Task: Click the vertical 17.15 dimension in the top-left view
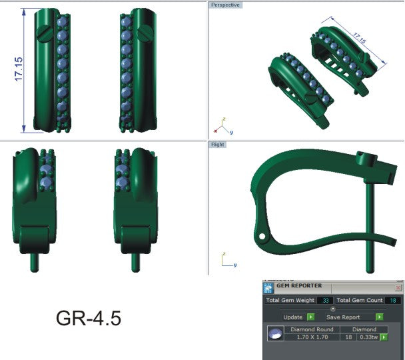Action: pyautogui.click(x=18, y=69)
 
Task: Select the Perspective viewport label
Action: pyautogui.click(x=226, y=5)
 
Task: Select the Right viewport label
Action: pyautogui.click(x=218, y=145)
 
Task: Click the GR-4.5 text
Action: pyautogui.click(x=88, y=318)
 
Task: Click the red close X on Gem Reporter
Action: pyautogui.click(x=398, y=287)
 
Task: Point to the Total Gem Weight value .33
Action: pyautogui.click(x=324, y=301)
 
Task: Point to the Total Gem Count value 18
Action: pyautogui.click(x=394, y=301)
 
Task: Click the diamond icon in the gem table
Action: pyautogui.click(x=273, y=334)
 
